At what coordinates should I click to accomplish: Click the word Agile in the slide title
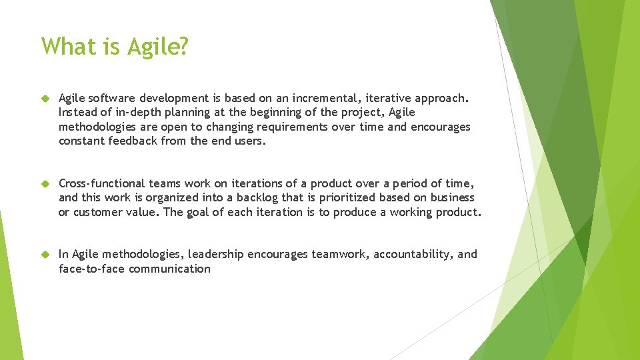point(159,47)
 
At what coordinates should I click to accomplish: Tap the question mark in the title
point(184,47)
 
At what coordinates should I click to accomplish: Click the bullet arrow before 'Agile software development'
point(45,99)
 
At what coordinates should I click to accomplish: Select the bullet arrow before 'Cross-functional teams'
point(45,183)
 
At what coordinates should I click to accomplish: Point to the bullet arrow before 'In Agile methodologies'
point(45,254)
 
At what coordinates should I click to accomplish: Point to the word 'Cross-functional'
point(101,183)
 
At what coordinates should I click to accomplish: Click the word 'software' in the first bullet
point(114,99)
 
